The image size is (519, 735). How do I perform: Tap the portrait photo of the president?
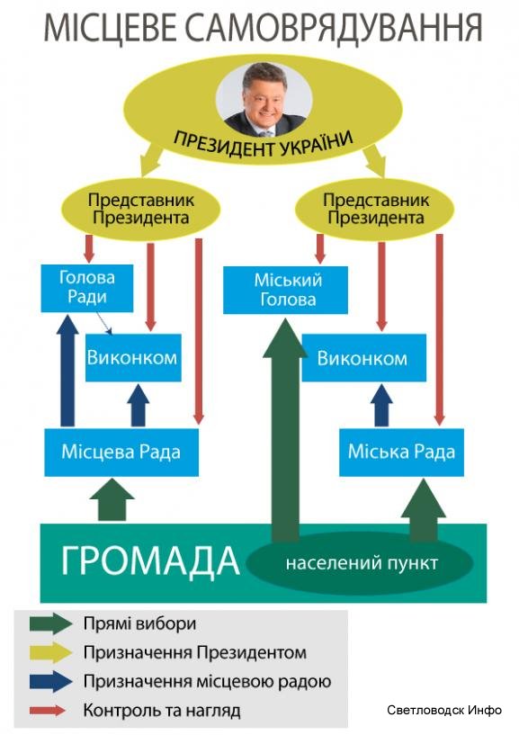(x=264, y=99)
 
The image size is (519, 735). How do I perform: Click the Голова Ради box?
(x=87, y=288)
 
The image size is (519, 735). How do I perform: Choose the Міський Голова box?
(x=285, y=291)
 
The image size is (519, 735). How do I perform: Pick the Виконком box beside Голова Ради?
(x=133, y=358)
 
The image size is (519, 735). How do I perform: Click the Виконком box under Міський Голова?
(x=363, y=358)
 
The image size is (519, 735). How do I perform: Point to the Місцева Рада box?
(x=121, y=453)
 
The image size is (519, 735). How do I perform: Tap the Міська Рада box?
(x=401, y=453)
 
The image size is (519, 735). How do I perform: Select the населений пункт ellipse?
(x=360, y=563)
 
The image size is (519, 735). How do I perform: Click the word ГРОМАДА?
(x=150, y=560)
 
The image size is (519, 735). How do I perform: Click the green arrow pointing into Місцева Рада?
(x=112, y=499)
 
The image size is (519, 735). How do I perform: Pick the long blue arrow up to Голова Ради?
(x=67, y=371)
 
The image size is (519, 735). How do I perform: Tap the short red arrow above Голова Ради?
(x=89, y=248)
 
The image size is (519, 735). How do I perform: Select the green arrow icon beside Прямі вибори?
(x=51, y=623)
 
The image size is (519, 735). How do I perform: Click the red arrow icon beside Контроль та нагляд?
(x=48, y=710)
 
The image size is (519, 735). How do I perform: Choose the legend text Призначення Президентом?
(x=195, y=652)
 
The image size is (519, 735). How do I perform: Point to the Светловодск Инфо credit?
(x=444, y=710)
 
